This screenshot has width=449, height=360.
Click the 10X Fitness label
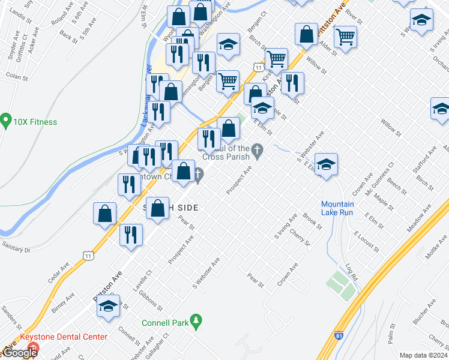tap(35, 122)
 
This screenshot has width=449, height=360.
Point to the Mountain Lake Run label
tap(337, 209)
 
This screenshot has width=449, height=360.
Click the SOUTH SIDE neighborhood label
tap(171, 207)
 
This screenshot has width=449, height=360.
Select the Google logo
tap(19, 353)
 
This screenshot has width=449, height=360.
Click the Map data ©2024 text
tap(423, 355)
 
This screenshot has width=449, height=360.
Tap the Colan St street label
tap(16, 77)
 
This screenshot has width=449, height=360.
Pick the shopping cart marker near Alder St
tap(346, 37)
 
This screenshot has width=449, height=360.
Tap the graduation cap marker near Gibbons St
tap(108, 306)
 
